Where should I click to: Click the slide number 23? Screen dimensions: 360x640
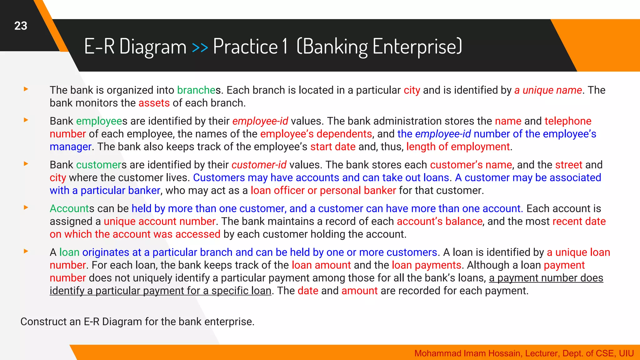point(21,26)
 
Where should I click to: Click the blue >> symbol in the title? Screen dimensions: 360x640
point(200,47)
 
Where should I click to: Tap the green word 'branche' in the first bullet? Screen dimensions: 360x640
point(196,90)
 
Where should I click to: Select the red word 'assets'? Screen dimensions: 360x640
point(154,103)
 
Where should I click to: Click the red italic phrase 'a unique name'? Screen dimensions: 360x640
point(548,90)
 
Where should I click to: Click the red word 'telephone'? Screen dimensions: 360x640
point(568,121)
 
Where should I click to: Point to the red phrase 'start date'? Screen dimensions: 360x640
point(332,147)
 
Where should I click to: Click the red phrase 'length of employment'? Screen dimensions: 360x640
point(458,147)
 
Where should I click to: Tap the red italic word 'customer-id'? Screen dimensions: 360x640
point(259,165)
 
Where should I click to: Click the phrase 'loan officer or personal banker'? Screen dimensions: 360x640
point(323,191)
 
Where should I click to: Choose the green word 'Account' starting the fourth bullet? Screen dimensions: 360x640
point(69,209)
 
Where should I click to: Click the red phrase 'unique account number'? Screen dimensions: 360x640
point(159,222)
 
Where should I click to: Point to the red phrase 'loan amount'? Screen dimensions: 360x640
point(321,265)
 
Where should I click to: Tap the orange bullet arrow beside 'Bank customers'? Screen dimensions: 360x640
point(26,164)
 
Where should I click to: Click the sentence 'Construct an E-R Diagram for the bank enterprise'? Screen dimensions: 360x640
point(137,322)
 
